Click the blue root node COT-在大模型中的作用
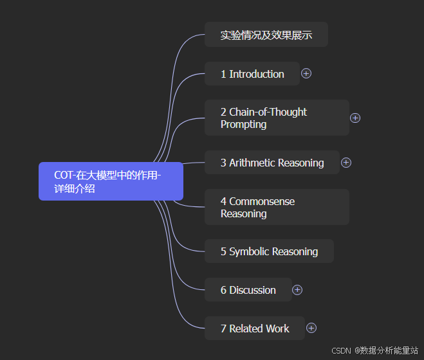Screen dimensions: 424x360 pyautogui.click(x=111, y=182)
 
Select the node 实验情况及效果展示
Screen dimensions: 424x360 pyautogui.click(x=266, y=35)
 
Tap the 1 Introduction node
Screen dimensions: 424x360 pyautogui.click(x=252, y=74)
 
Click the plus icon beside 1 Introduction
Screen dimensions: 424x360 pyautogui.click(x=306, y=73)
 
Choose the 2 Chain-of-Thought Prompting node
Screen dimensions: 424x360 pyautogui.click(x=277, y=118)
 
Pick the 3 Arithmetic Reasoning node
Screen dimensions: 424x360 pyautogui.click(x=272, y=163)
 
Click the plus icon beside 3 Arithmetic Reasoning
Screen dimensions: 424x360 pyautogui.click(x=346, y=163)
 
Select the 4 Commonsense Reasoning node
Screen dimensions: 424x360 pyautogui.click(x=277, y=207)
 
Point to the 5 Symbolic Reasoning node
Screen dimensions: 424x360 pyautogui.click(x=269, y=251)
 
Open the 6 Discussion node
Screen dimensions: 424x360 pyautogui.click(x=248, y=290)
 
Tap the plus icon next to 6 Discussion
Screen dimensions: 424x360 pyautogui.click(x=297, y=290)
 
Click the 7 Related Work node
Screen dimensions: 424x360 pyautogui.click(x=255, y=328)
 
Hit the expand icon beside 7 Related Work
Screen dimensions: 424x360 pyautogui.click(x=311, y=328)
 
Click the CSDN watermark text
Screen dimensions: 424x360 pyautogui.click(x=341, y=351)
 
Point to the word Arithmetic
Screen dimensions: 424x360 pyautogui.click(x=252, y=163)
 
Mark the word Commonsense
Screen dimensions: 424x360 pyautogui.click(x=262, y=201)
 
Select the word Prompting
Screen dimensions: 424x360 pyautogui.click(x=243, y=124)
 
